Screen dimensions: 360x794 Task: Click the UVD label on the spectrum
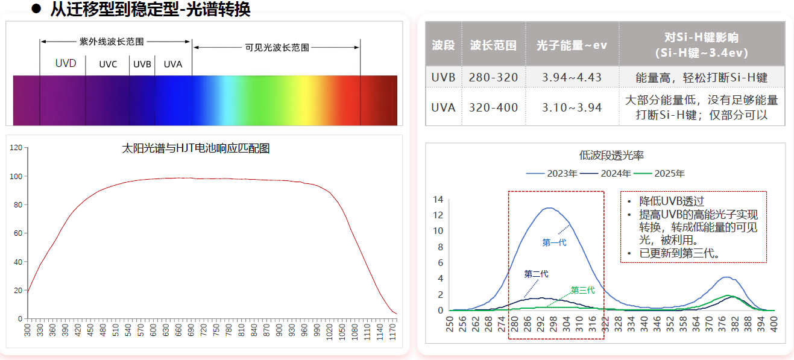pyautogui.click(x=66, y=63)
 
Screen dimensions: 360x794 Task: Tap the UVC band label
pyautogui.click(x=109, y=65)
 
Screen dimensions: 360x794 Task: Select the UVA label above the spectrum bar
pyautogui.click(x=173, y=65)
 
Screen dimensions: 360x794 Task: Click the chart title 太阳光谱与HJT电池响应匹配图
pyautogui.click(x=196, y=148)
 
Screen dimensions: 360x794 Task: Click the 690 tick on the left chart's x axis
pyautogui.click(x=191, y=331)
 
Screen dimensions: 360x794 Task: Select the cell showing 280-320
pyautogui.click(x=493, y=77)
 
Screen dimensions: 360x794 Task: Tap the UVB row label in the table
pyautogui.click(x=443, y=77)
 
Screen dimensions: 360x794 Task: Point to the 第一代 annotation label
pyautogui.click(x=554, y=242)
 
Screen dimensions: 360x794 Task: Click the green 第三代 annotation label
pyautogui.click(x=583, y=290)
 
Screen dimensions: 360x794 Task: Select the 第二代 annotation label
pyautogui.click(x=536, y=274)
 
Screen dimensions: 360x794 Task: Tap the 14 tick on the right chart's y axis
pyautogui.click(x=438, y=200)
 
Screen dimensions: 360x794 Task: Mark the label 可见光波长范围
pyautogui.click(x=277, y=48)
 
